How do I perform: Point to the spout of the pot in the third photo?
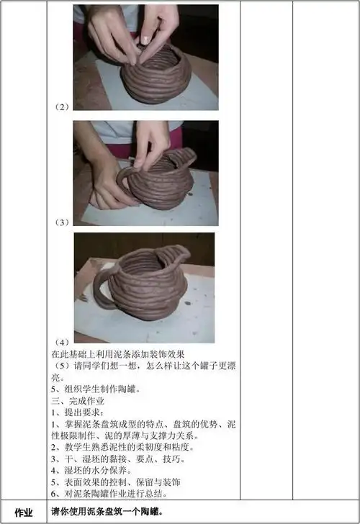coord(176,256)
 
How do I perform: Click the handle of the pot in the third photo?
coord(101,288)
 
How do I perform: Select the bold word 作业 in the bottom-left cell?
coord(24,512)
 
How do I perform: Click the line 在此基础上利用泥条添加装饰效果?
coord(118,354)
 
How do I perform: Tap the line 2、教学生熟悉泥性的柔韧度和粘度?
coord(122,447)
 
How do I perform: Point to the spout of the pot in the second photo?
coord(189,155)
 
